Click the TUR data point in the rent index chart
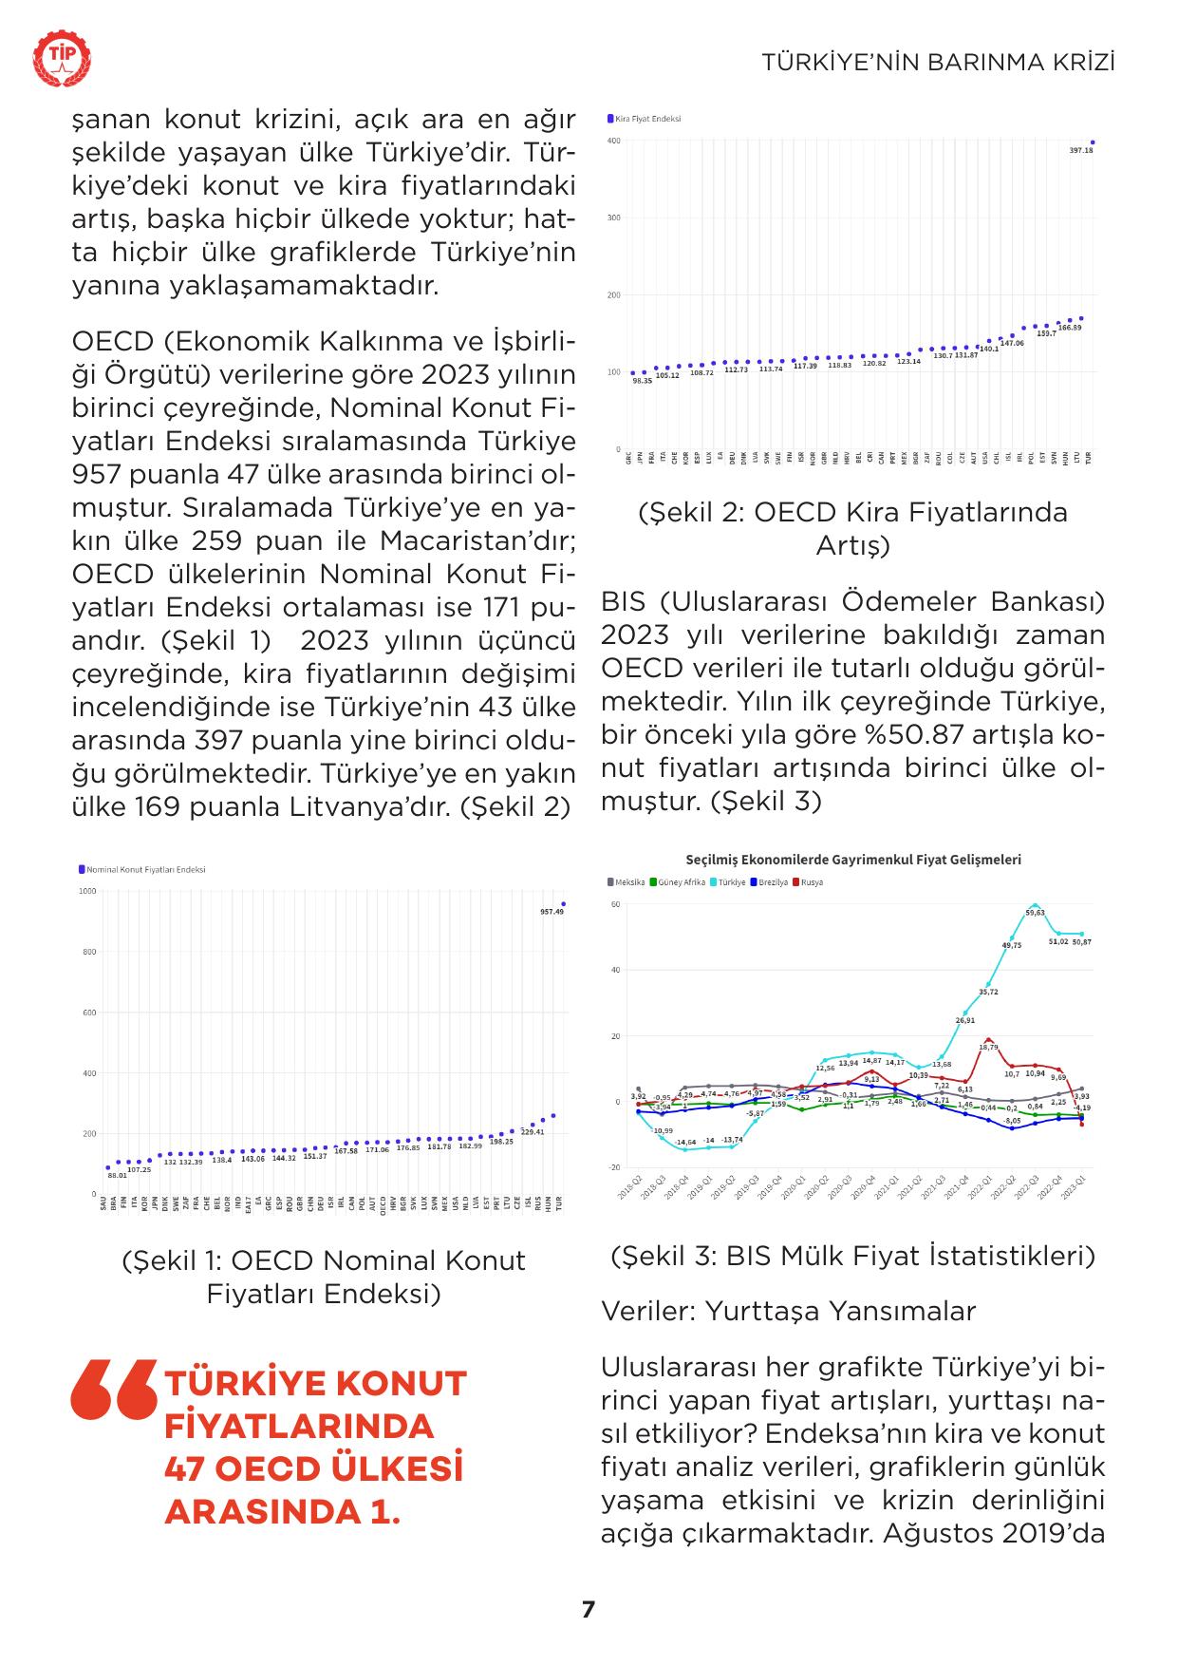(x=1093, y=142)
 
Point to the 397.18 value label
(x=1080, y=151)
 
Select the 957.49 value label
(x=552, y=912)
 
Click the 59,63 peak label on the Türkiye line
(x=1035, y=914)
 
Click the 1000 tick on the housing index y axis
(x=87, y=891)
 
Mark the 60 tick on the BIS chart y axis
(x=615, y=904)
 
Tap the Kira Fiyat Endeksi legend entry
(x=645, y=119)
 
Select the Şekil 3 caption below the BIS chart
(x=853, y=1256)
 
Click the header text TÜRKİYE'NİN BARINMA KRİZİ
(x=938, y=63)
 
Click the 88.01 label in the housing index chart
(x=117, y=1176)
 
